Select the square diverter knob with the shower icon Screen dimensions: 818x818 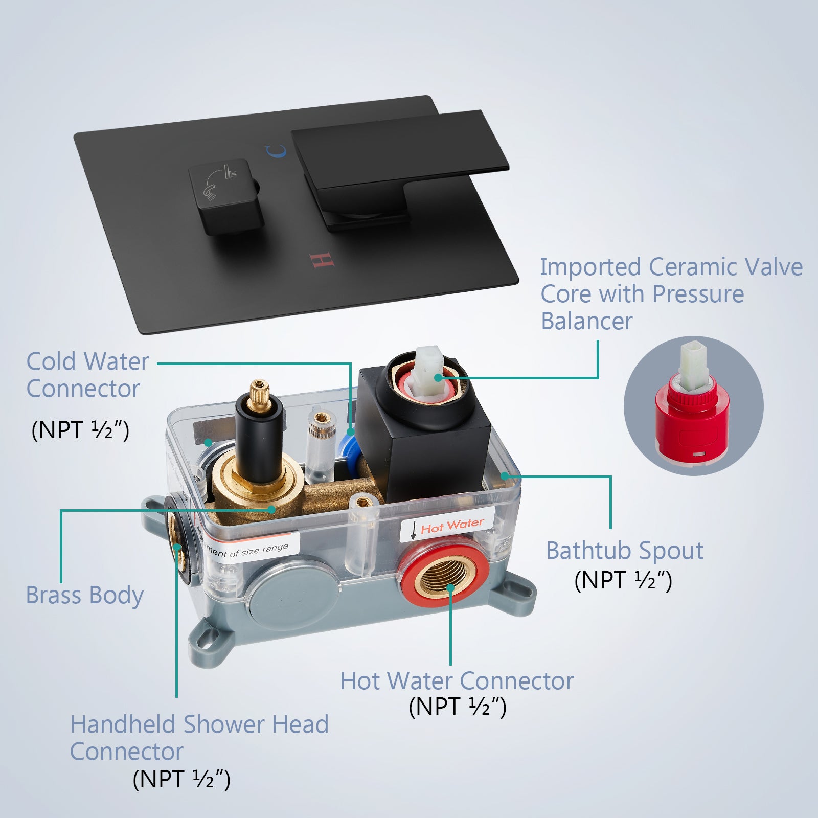tap(226, 197)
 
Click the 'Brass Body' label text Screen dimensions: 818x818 tap(85, 596)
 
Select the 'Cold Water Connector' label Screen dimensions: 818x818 tap(87, 375)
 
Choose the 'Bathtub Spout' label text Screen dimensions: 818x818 tap(625, 551)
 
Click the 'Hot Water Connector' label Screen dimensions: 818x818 tap(457, 681)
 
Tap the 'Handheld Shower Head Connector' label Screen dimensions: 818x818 tap(199, 738)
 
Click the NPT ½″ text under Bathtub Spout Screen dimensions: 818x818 tap(623, 580)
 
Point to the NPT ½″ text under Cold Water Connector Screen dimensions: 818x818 tap(80, 429)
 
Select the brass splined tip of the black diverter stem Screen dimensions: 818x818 tap(259, 394)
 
